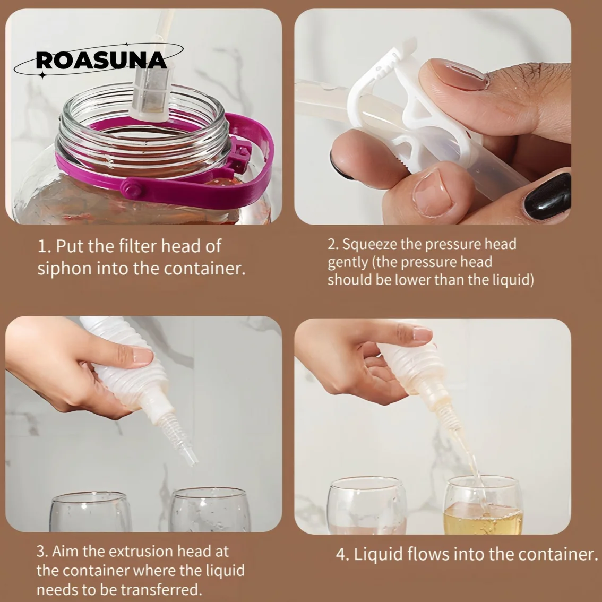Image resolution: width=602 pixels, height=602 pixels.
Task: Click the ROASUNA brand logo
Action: pos(101,61)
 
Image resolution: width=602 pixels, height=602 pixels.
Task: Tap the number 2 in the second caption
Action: pos(332,245)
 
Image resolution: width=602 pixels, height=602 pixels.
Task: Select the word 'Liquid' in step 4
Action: pos(379,555)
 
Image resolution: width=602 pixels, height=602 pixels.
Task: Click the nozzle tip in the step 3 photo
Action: pos(191,458)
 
